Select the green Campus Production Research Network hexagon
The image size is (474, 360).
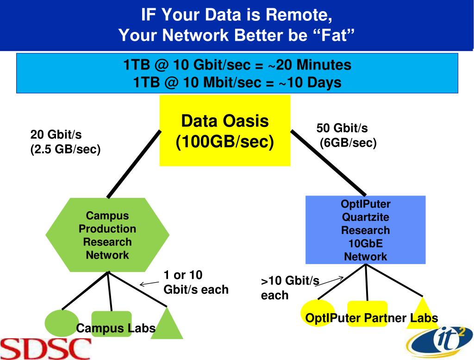107,235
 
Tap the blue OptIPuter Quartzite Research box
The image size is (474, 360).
366,230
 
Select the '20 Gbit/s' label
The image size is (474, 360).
56,135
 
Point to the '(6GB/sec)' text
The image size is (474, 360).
348,143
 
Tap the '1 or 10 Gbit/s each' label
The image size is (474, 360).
196,282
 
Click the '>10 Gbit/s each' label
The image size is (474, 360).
290,288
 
